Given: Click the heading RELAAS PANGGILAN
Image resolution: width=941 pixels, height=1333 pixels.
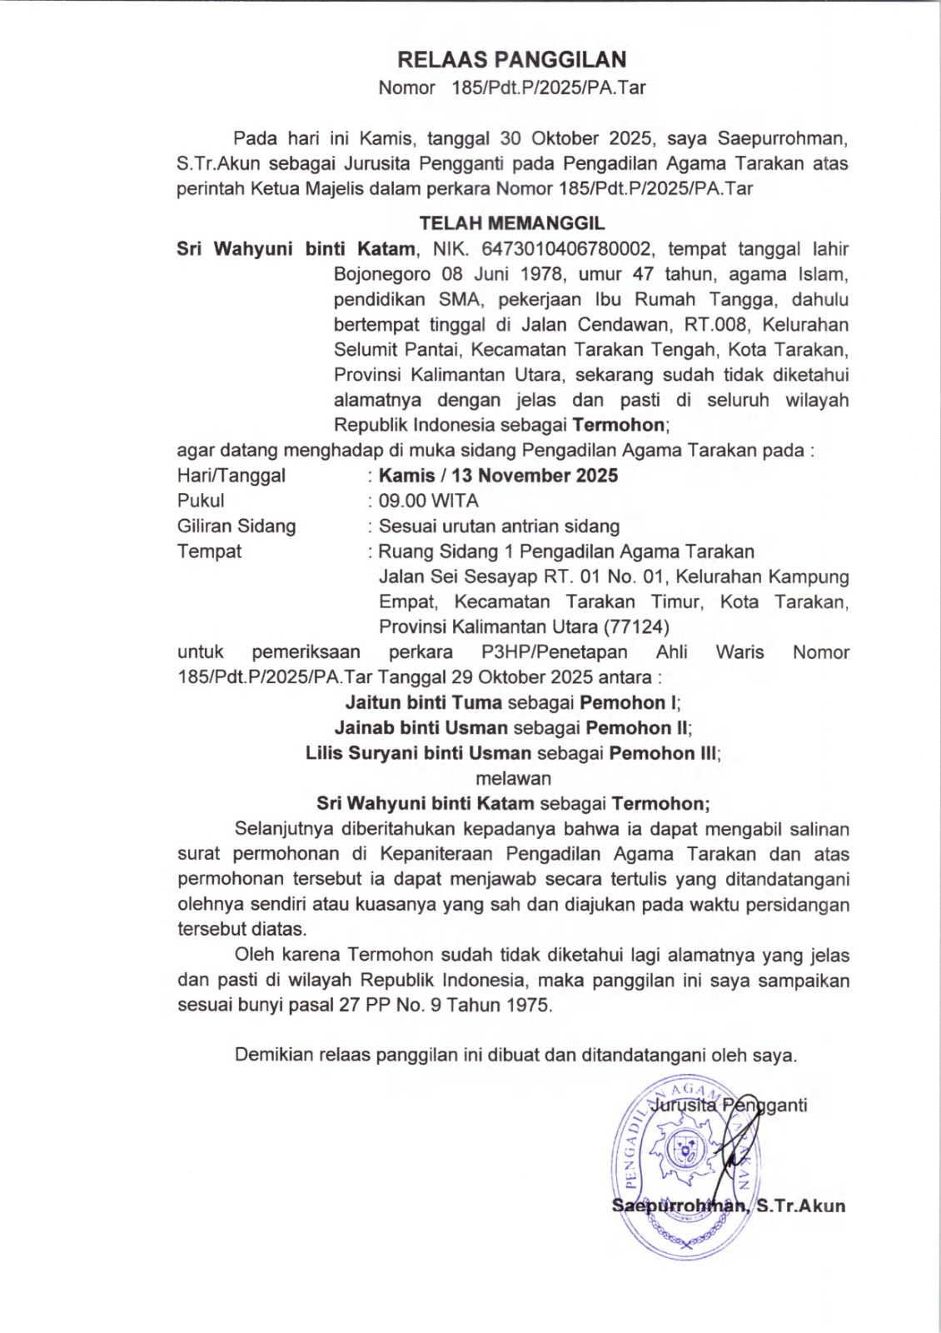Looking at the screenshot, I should click(511, 59).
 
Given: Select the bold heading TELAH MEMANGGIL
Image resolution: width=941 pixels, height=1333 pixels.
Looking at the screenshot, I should click(511, 223).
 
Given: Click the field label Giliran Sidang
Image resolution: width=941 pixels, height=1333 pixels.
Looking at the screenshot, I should click(236, 526).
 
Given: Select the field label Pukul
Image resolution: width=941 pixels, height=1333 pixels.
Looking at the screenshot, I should click(201, 501).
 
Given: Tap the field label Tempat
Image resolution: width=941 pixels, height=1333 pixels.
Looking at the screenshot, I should click(209, 551).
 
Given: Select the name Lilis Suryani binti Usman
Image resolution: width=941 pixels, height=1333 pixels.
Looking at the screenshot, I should click(418, 753).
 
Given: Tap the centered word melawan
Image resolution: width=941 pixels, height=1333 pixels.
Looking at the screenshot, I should click(513, 778).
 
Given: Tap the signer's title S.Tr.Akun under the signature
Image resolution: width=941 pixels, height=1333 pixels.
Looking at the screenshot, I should click(800, 1206).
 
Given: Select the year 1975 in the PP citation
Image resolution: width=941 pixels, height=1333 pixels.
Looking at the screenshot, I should click(528, 1005).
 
